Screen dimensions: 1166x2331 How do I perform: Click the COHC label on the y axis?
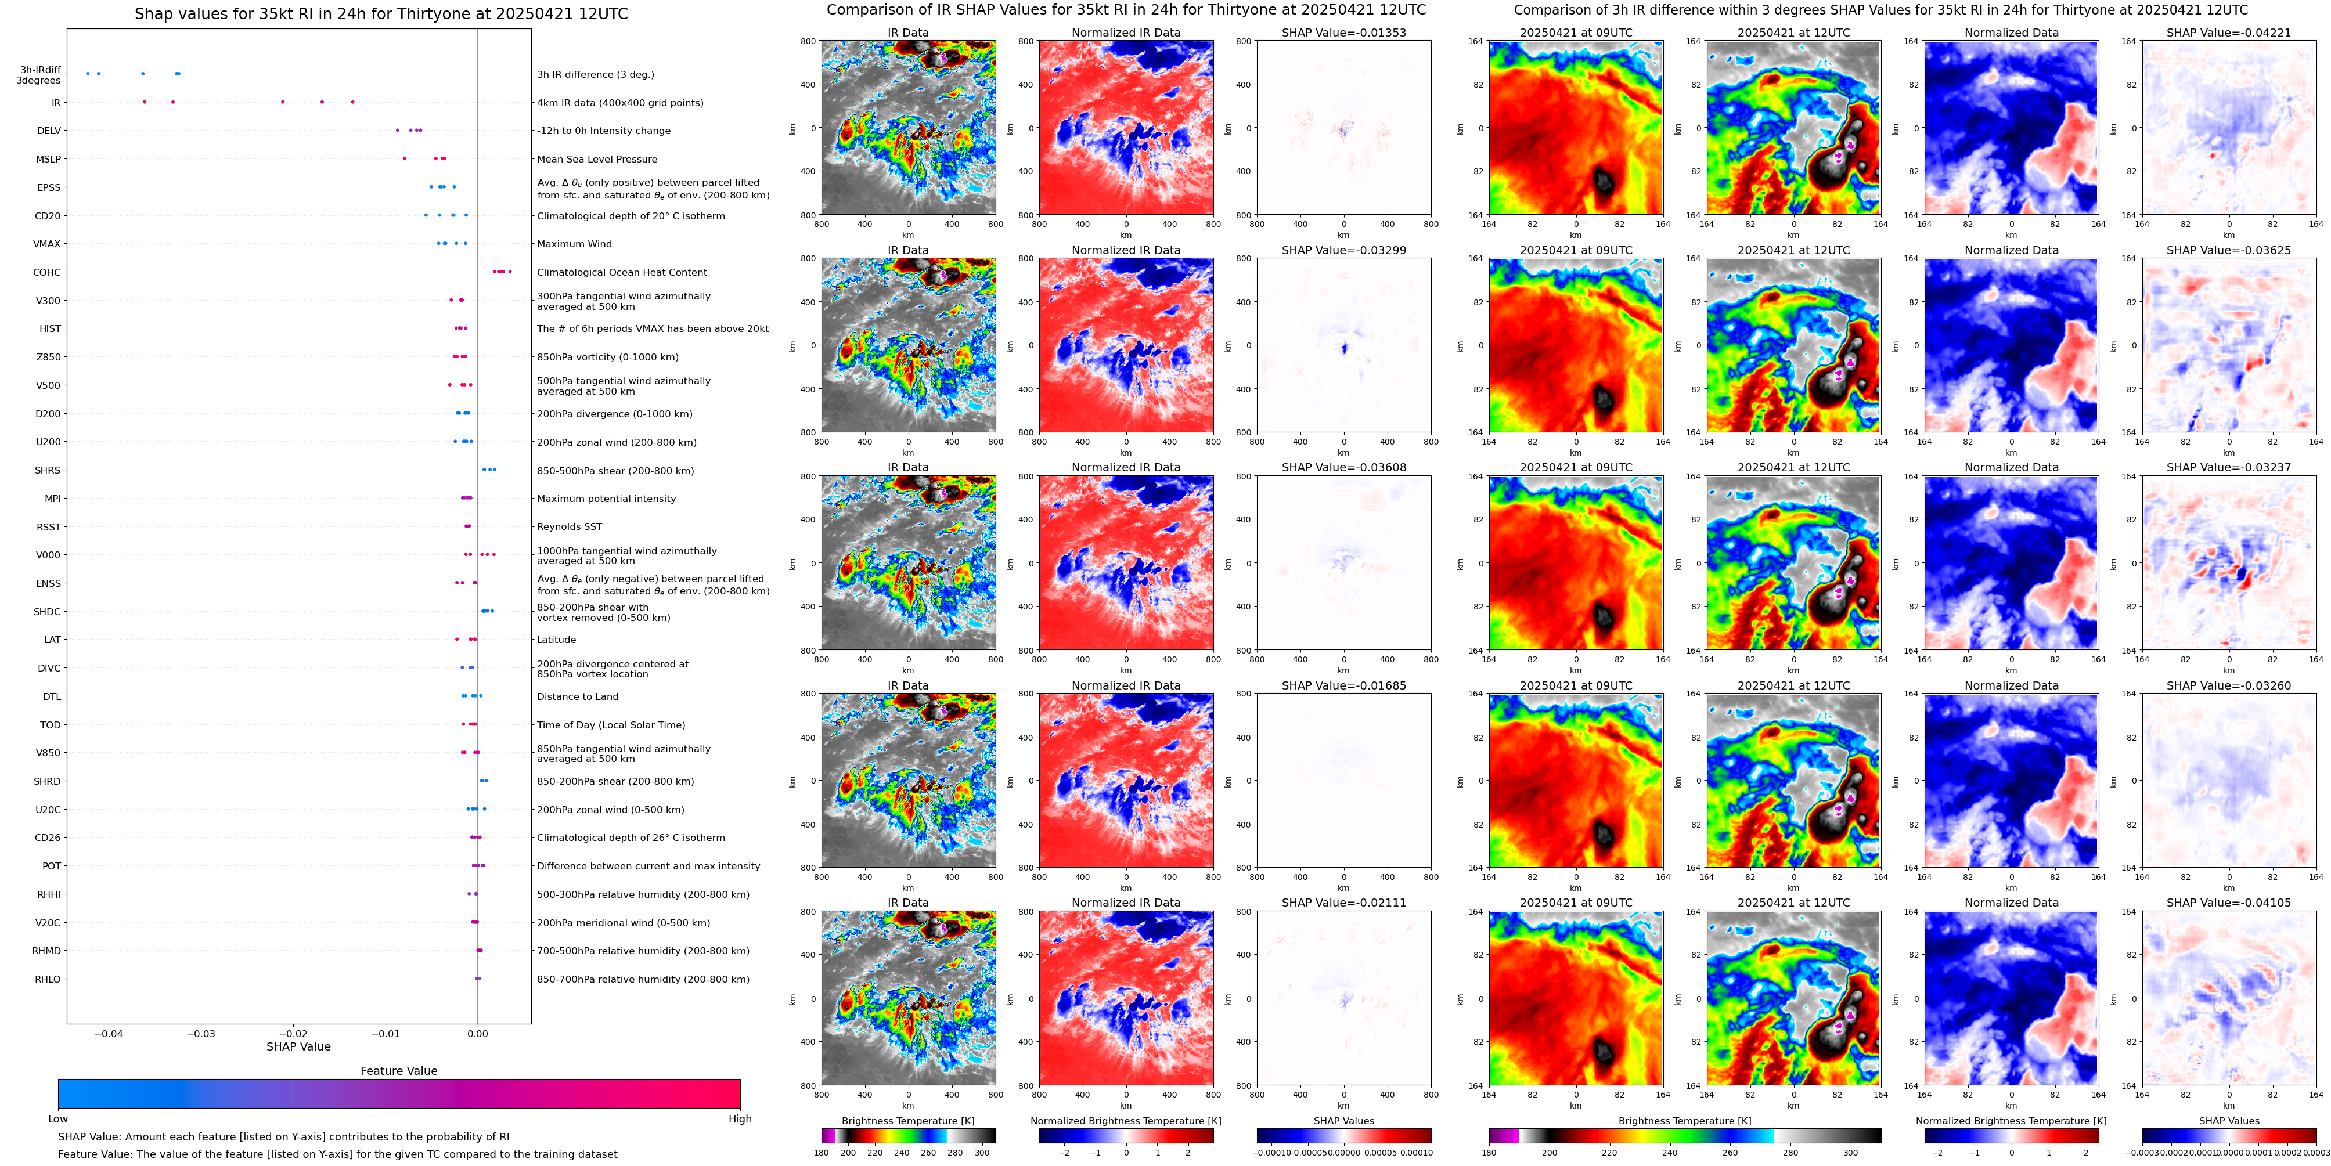(x=47, y=272)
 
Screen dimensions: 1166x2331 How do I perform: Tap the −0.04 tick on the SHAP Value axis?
(x=109, y=1033)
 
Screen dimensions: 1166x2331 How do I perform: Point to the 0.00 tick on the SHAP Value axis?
(x=478, y=1033)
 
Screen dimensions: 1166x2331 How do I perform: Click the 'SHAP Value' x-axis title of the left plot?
(x=298, y=1046)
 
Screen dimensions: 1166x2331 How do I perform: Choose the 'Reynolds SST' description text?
(x=569, y=526)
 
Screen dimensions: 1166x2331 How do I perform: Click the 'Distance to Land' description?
(x=577, y=696)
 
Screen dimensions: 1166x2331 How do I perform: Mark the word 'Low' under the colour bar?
(x=58, y=1119)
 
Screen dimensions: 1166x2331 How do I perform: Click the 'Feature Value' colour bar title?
(x=399, y=1071)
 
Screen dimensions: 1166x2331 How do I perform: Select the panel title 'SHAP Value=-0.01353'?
(x=1344, y=33)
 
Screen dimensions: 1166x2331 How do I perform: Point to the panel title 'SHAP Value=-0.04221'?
(x=2229, y=33)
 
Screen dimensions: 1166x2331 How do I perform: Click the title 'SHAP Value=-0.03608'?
(x=1344, y=468)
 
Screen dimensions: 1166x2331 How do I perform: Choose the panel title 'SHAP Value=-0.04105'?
(x=2229, y=903)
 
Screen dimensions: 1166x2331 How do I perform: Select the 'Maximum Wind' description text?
(x=575, y=244)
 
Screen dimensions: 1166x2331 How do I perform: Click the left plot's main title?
(x=381, y=13)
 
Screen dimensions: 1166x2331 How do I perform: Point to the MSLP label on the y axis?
(x=49, y=159)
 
